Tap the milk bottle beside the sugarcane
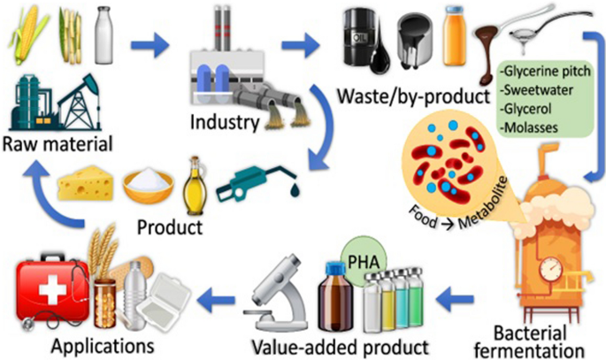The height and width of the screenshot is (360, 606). [104, 36]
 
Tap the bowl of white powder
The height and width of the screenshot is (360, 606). [146, 187]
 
